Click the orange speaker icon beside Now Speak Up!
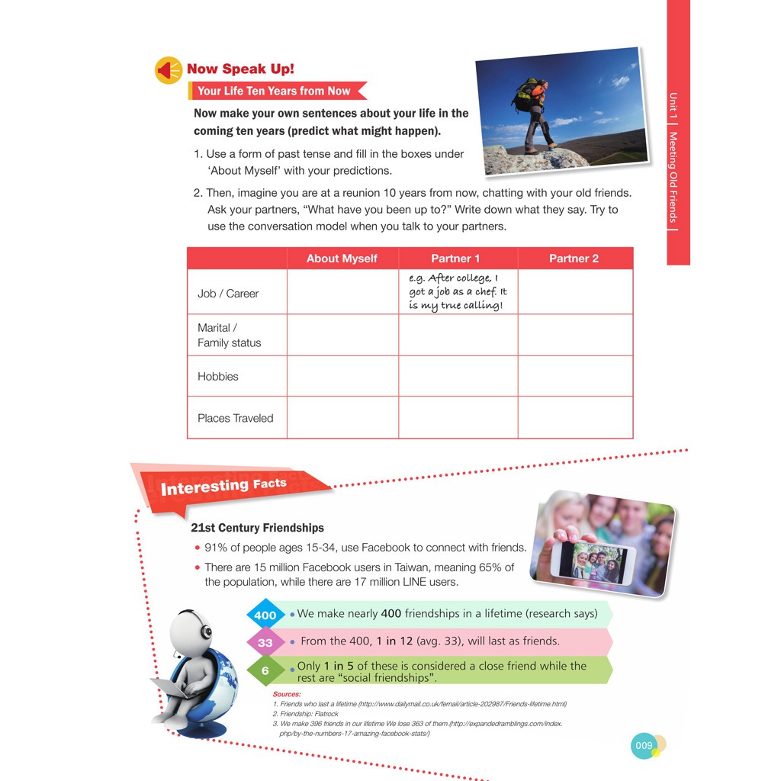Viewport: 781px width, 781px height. point(169,70)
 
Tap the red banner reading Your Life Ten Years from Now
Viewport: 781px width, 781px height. point(274,91)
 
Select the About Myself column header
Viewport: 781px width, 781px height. point(342,259)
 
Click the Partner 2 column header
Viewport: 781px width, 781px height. point(574,259)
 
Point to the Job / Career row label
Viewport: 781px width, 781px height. point(228,294)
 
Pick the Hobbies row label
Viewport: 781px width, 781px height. point(218,377)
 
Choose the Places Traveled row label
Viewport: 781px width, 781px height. point(235,418)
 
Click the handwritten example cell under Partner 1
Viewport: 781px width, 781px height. point(458,292)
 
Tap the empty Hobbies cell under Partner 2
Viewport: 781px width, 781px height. point(575,376)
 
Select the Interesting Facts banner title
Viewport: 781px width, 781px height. point(223,486)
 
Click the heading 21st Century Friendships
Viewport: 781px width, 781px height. point(257,528)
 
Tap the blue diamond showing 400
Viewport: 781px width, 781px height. point(265,615)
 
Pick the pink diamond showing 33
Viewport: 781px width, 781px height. point(265,643)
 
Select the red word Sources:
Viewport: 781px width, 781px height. point(287,694)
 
